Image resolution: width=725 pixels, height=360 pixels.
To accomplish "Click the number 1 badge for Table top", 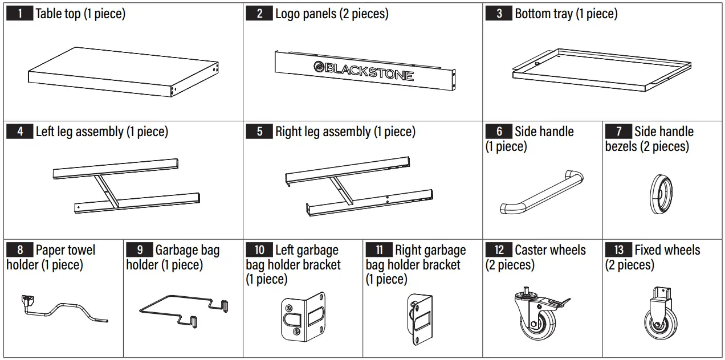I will [20, 14].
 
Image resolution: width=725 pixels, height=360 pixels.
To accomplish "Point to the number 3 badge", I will [499, 14].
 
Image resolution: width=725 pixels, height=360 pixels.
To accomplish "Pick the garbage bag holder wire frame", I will [182, 310].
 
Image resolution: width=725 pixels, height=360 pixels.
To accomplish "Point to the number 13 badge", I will [619, 250].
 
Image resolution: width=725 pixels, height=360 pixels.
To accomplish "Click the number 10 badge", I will [259, 250].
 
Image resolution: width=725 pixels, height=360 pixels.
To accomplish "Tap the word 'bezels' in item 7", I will [624, 146].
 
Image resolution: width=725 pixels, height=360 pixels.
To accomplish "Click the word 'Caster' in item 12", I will [532, 250].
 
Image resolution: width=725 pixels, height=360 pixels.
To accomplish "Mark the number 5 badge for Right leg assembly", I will [259, 132].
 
